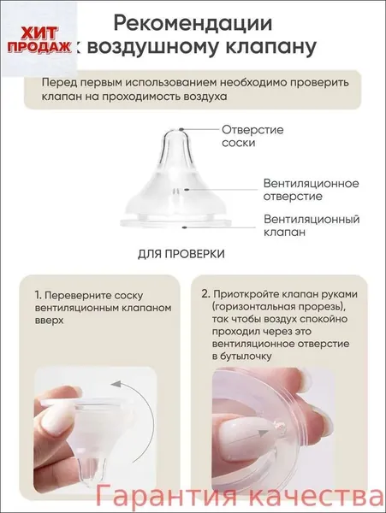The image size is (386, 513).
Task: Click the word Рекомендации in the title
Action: [193, 24]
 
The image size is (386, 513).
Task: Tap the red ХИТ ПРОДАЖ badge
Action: [39, 40]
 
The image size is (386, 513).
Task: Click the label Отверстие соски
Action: [252, 136]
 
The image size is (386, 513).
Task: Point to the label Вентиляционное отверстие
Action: [311, 190]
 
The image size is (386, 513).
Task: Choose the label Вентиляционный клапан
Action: [312, 226]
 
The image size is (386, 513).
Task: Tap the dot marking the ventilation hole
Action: [186, 189]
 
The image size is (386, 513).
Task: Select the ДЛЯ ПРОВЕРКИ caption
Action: [181, 254]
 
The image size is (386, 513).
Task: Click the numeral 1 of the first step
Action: [38, 296]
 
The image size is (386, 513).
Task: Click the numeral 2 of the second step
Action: [205, 294]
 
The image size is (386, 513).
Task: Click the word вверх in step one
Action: [49, 321]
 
